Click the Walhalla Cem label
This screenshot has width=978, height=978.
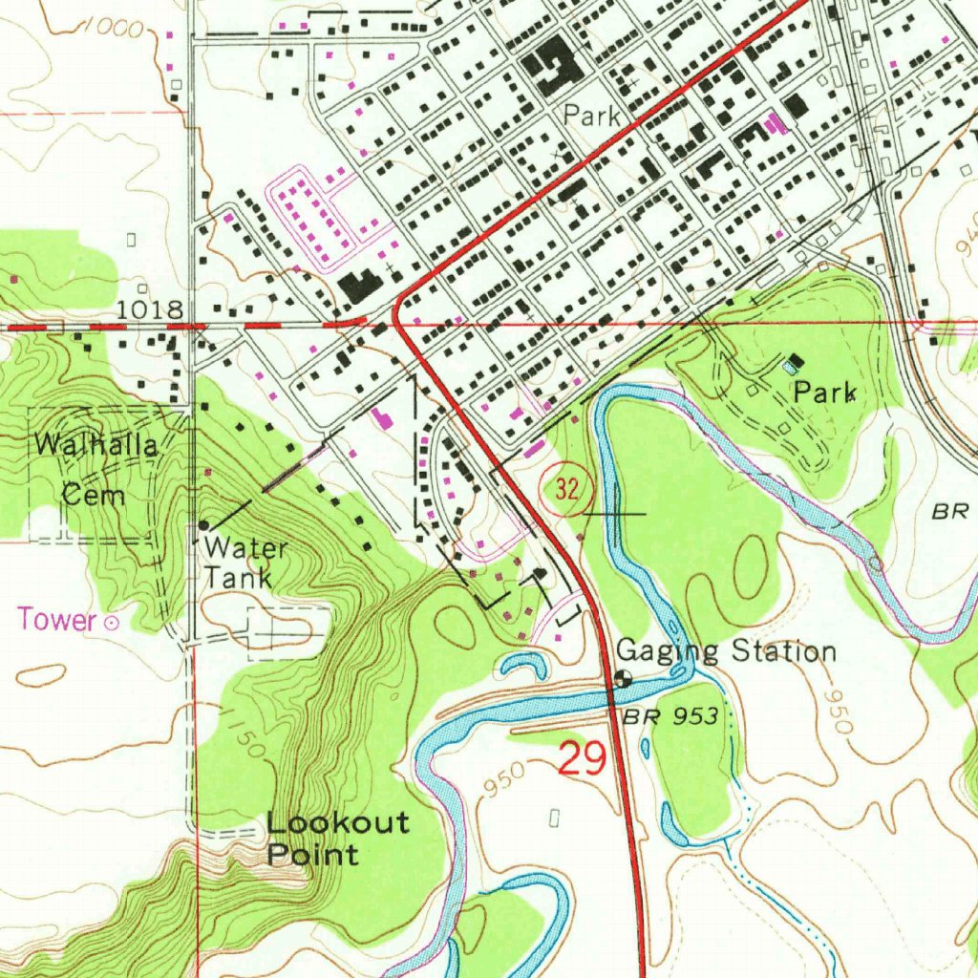[x=94, y=469]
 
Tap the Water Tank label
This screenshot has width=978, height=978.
[x=245, y=563]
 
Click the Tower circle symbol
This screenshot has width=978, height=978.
[x=111, y=623]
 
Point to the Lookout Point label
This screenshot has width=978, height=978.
[x=337, y=838]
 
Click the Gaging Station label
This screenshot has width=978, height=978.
[x=726, y=651]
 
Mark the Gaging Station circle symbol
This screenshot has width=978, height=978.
[x=622, y=680]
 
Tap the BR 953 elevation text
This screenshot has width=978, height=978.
[x=671, y=716]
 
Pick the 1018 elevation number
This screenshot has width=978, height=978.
[x=151, y=309]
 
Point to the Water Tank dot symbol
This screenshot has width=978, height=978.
[x=203, y=525]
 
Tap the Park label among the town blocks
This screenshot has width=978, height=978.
[x=591, y=117]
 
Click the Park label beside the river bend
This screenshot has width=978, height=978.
[x=824, y=393]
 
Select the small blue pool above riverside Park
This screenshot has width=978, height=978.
[x=788, y=366]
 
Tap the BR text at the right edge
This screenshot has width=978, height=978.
[x=951, y=512]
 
